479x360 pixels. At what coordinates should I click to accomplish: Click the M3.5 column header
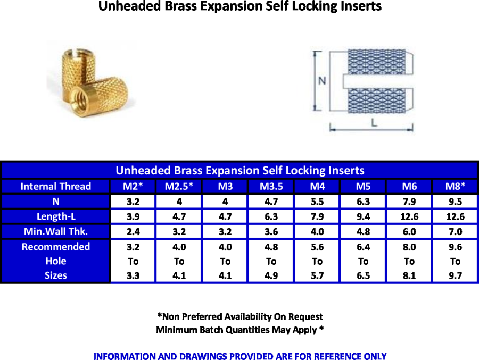click(271, 186)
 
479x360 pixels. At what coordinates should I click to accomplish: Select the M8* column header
click(455, 186)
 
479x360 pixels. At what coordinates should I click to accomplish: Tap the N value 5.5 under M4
click(317, 202)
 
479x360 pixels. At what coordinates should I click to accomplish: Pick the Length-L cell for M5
click(363, 216)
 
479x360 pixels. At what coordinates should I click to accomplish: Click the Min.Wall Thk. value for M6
click(409, 231)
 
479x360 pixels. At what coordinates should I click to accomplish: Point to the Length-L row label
click(56, 216)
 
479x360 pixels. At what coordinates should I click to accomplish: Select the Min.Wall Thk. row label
click(56, 231)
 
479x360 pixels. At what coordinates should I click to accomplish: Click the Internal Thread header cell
click(56, 186)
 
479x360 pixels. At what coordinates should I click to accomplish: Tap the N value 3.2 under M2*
click(133, 202)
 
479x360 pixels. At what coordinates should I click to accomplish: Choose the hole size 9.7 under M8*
click(455, 276)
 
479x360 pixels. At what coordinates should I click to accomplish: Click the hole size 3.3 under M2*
click(133, 276)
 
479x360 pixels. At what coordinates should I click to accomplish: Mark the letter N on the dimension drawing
click(322, 81)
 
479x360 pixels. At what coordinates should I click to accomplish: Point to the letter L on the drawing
click(374, 123)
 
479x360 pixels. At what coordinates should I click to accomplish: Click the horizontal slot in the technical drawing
click(378, 81)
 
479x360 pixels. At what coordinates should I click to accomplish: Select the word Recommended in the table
click(56, 247)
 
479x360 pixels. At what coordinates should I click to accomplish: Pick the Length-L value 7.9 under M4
click(317, 216)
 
